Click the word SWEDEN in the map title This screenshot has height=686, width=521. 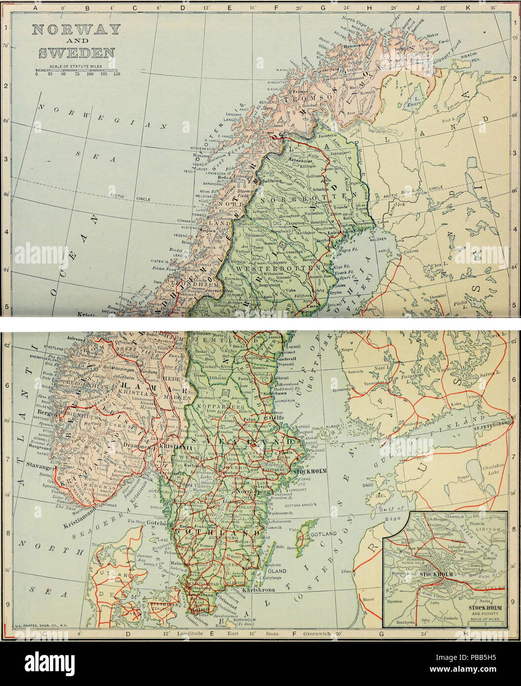coord(76,52)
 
